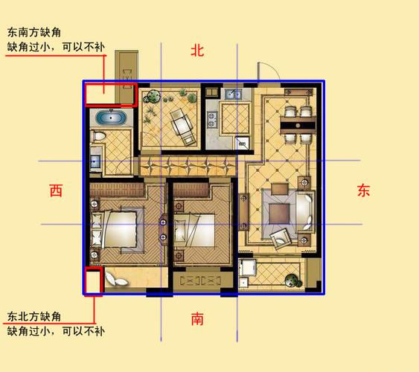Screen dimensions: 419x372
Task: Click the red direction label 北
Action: point(197,51)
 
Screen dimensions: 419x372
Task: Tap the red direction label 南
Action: point(197,318)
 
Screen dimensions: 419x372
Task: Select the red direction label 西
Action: point(56,190)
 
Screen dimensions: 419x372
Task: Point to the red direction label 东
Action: point(364,190)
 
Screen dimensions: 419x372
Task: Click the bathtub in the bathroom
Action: point(111,118)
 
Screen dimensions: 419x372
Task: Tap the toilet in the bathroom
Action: point(98,136)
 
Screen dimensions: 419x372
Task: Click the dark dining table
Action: point(298,125)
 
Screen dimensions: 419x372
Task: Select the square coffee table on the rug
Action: point(280,214)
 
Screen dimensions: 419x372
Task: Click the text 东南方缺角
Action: point(34,33)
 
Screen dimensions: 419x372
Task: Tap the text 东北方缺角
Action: point(34,317)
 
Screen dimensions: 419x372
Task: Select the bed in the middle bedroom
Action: point(194,230)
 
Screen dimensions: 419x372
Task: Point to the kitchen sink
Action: point(233,94)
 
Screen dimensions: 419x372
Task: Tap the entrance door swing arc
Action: point(272,67)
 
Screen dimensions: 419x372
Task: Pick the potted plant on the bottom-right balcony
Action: point(292,280)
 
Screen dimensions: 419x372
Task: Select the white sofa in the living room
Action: point(304,211)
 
